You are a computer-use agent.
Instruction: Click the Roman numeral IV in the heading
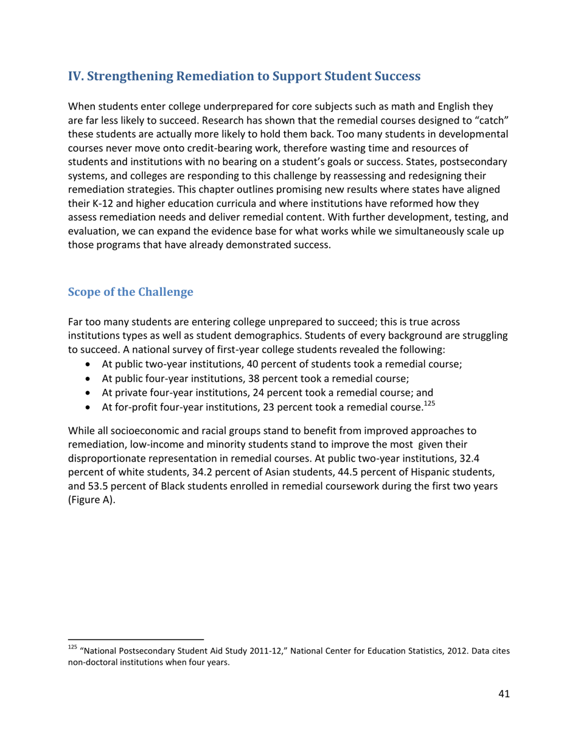pyautogui.click(x=75, y=77)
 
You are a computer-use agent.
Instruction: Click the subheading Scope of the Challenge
pyautogui.click(x=130, y=292)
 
